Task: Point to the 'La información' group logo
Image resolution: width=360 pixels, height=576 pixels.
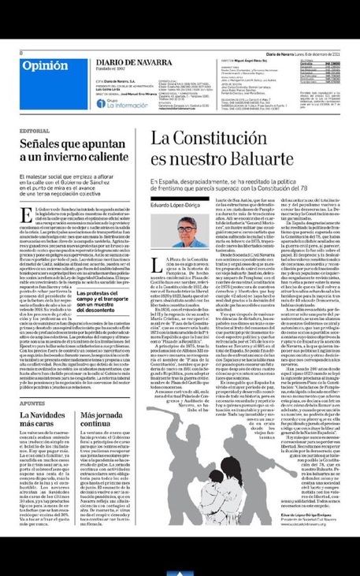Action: coord(117,102)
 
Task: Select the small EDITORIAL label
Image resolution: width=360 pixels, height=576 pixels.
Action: coord(34,130)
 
